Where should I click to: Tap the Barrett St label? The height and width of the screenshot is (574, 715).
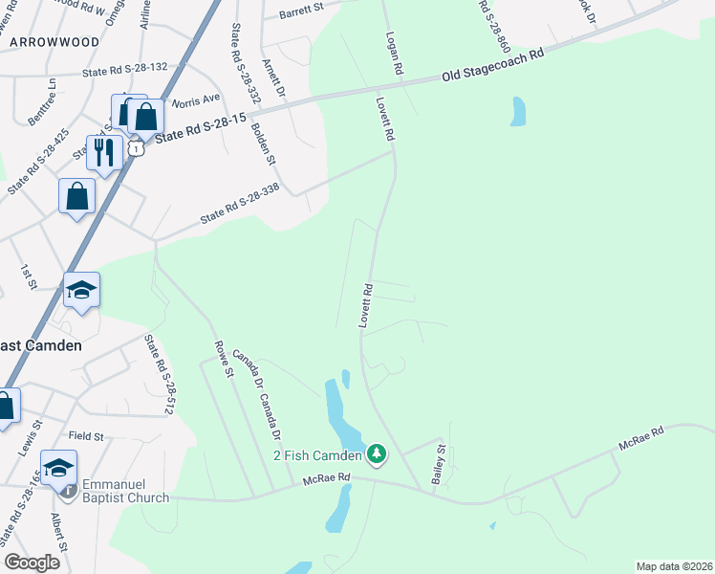click(302, 13)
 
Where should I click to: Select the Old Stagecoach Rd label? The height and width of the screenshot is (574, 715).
click(492, 66)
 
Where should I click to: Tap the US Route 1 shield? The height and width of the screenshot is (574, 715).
click(139, 148)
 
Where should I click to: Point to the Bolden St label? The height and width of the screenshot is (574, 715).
click(263, 143)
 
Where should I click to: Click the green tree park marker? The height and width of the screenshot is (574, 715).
click(377, 453)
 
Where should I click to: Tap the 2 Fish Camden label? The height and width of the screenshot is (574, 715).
click(318, 454)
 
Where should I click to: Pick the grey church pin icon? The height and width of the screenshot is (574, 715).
click(68, 492)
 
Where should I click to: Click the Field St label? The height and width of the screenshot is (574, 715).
click(85, 435)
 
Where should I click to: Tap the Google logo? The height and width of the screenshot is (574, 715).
click(32, 563)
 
